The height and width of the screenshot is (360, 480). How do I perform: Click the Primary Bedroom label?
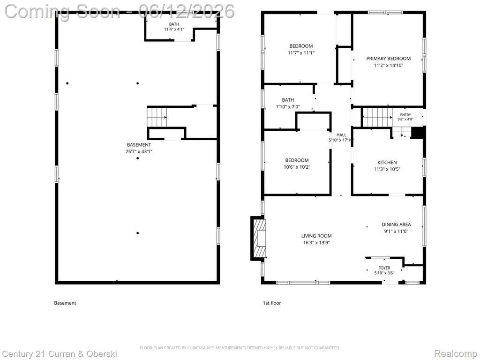tap(389, 59)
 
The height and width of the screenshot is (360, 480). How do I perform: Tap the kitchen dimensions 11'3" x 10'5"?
tap(387, 169)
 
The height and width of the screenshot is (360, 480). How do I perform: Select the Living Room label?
tap(316, 236)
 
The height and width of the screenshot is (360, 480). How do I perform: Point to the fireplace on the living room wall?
tap(259, 239)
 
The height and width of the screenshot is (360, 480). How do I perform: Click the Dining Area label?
tap(396, 225)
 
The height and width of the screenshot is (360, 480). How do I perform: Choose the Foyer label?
tap(384, 268)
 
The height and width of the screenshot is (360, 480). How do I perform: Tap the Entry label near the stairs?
tap(405, 115)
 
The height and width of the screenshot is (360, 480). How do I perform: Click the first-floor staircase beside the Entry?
tap(377, 117)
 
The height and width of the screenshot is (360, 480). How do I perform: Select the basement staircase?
tap(157, 117)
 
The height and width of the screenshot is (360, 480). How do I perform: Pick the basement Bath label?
tap(174, 24)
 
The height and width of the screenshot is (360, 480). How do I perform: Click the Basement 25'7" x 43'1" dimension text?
tap(139, 151)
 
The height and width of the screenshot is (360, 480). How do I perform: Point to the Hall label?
tap(341, 135)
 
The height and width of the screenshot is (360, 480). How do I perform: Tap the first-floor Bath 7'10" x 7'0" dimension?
tap(288, 107)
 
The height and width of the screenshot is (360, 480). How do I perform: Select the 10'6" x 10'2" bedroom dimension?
tap(297, 167)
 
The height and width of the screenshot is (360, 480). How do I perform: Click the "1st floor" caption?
tap(272, 303)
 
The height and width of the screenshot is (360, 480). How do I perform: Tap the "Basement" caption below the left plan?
tap(65, 303)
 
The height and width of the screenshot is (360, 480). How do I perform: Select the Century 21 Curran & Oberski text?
tap(60, 354)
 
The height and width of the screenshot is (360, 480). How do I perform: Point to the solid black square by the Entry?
tap(417, 133)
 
